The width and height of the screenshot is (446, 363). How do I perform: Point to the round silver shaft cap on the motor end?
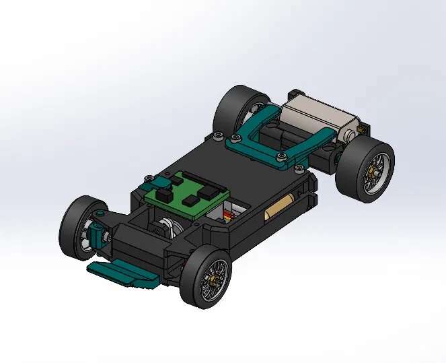point(350,137)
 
